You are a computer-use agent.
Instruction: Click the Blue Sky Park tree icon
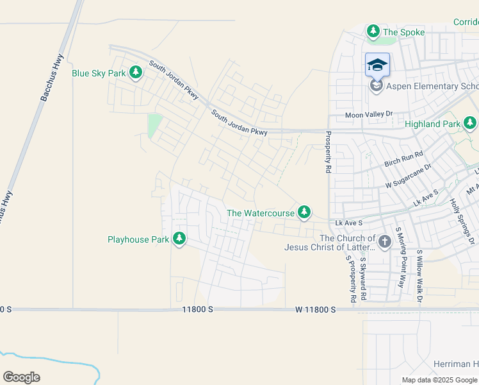135,73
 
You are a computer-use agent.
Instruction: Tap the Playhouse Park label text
138,239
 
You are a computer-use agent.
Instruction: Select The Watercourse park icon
304,212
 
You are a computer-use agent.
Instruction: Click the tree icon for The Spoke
373,31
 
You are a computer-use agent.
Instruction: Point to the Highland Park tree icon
470,123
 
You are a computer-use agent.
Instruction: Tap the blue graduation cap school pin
377,65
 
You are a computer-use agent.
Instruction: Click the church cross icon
384,241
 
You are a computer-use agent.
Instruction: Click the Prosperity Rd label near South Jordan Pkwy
328,152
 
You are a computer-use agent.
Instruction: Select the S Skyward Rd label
362,278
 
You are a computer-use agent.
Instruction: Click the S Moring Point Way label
400,256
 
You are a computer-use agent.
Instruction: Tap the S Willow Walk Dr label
420,277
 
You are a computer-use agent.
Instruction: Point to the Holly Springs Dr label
462,218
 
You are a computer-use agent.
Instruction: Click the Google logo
21,377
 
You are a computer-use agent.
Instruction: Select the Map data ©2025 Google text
439,380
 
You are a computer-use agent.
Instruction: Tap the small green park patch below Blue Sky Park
154,126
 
